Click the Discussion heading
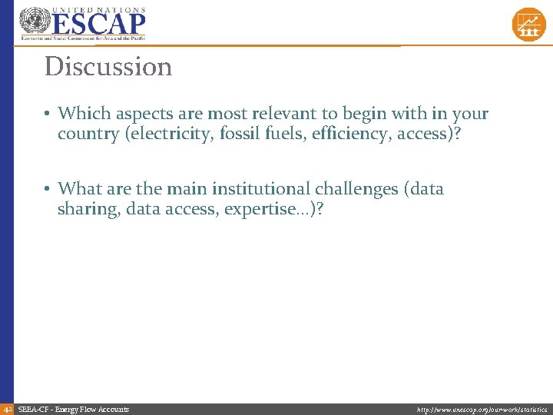click(108, 67)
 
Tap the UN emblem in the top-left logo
click(34, 22)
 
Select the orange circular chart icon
click(528, 24)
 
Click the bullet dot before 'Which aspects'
click(48, 114)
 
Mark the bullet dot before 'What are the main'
click(48, 188)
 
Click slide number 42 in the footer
click(7, 409)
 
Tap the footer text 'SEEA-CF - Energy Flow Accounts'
click(73, 409)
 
